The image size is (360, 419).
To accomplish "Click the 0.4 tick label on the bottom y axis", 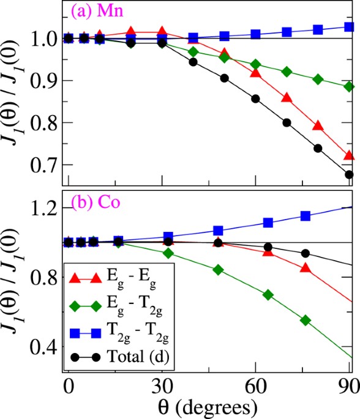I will (x=45, y=347).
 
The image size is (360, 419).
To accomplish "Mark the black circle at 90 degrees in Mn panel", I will (x=350, y=174).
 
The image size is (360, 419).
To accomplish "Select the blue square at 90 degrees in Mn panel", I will (x=350, y=27).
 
